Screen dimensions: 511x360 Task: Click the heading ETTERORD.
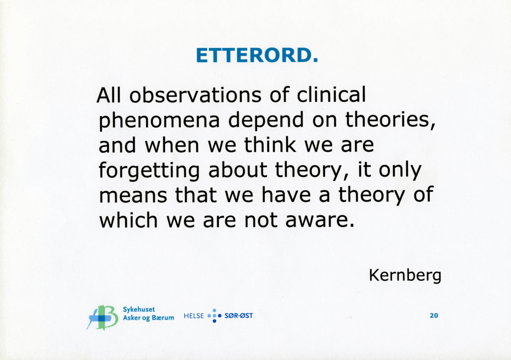coord(257,55)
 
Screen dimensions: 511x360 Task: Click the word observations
coord(195,95)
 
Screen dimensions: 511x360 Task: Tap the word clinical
coord(332,95)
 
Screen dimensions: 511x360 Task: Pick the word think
coord(270,145)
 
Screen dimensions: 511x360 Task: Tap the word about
coord(238,170)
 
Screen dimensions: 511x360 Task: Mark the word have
coord(286,195)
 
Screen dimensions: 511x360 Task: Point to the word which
coord(128,220)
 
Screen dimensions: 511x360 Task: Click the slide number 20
coord(434,316)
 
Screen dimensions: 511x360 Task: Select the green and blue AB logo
coord(102,317)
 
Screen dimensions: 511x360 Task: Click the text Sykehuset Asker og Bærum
coord(148,313)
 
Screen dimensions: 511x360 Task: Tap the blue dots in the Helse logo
coord(214,316)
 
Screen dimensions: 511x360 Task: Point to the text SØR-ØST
coord(239,316)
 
